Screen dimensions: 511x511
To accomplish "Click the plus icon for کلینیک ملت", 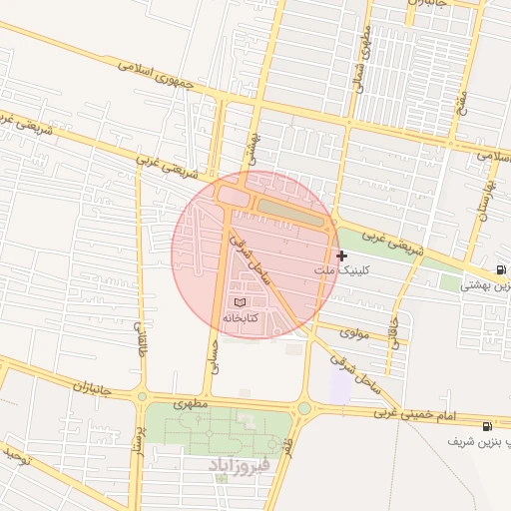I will point(342,256).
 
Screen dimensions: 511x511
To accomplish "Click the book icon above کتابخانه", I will point(239,301).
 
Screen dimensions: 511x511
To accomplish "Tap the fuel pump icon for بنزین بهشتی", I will point(499,271).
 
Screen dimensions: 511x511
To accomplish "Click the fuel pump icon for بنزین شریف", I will point(486,426).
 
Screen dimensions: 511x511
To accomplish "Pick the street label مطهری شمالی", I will point(362,55).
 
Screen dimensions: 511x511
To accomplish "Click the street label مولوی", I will point(354,332).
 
